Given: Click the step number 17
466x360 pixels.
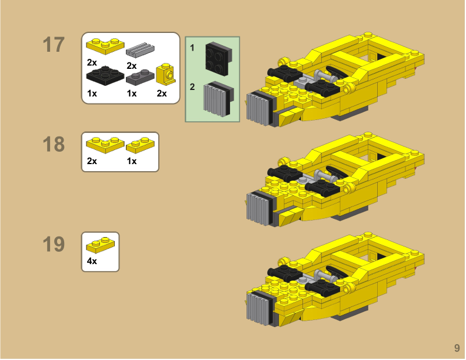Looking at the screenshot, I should [x=54, y=45].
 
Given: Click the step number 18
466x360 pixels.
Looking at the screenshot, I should [x=54, y=144].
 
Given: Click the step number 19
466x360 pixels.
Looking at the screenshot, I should [x=54, y=244].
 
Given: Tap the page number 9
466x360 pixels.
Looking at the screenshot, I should [x=456, y=348].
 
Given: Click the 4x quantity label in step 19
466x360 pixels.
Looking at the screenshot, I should [x=92, y=261].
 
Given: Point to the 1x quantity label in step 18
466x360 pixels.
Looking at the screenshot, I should [x=131, y=161].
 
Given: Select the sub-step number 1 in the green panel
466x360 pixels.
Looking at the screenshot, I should [x=192, y=48].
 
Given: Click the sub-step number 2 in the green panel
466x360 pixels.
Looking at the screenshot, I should [x=192, y=86].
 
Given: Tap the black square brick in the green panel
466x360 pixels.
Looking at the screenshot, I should [x=218, y=58].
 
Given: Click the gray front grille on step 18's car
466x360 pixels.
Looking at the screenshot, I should [x=259, y=208].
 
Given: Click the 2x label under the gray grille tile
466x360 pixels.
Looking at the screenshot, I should [x=131, y=65].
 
